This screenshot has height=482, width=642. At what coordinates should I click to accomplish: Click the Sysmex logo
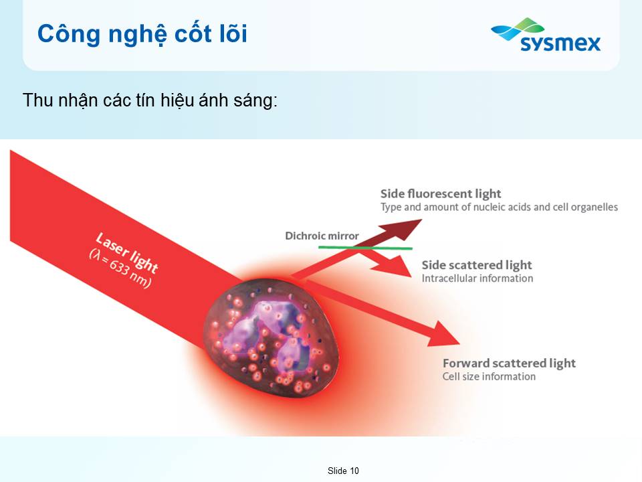546,35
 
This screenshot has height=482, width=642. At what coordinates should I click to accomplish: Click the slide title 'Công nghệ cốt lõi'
142,34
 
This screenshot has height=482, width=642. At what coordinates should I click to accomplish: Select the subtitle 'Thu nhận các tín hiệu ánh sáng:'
150,100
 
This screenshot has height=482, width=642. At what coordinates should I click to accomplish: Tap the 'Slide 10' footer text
343,471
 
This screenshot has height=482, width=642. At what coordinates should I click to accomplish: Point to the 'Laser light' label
127,253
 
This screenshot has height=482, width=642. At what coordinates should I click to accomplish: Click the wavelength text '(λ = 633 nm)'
120,268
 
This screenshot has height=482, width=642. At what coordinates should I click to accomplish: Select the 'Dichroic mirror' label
322,236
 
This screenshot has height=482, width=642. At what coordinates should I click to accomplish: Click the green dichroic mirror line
365,248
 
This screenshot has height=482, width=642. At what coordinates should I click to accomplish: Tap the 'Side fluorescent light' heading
441,193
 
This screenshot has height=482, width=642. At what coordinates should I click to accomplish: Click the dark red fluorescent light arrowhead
403,229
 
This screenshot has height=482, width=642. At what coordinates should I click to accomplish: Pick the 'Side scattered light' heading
477,265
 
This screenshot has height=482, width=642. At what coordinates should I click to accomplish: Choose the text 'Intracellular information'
477,278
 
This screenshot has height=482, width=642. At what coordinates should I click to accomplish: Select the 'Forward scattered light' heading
509,363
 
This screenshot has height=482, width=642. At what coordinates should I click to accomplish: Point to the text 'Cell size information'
489,376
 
